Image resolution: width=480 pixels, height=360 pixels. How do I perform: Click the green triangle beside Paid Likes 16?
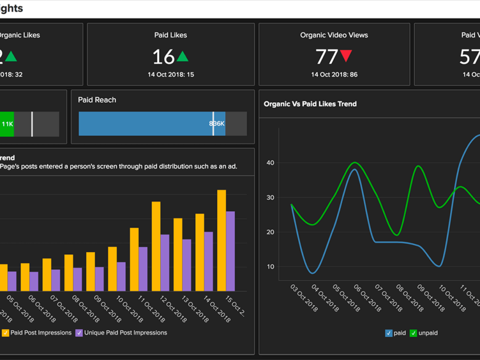182,57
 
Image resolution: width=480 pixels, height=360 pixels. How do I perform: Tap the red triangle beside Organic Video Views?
346,56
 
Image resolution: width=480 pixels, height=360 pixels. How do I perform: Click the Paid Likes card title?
170,35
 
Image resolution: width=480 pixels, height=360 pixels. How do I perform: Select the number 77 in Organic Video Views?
326,57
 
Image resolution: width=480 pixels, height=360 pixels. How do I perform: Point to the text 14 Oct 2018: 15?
170,74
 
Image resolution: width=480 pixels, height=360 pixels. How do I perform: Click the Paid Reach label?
97,100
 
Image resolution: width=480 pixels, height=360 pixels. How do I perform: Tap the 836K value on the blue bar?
216,124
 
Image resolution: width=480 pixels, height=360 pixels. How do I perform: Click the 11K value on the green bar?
7,124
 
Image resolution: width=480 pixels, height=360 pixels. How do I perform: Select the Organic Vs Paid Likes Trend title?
310,104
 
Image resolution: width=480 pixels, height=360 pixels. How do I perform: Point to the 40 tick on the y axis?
270,163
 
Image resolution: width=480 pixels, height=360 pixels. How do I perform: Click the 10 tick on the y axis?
270,267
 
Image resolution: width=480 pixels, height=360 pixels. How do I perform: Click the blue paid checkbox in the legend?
388,333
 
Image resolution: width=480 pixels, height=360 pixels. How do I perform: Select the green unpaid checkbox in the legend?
413,333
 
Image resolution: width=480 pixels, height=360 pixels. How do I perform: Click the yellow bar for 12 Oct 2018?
156,246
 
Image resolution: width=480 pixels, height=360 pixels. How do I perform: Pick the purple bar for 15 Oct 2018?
230,251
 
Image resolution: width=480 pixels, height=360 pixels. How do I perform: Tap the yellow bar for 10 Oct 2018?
112,268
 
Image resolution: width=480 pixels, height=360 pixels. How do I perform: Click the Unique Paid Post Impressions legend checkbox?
79,333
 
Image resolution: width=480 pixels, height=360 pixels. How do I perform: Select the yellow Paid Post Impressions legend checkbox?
5,333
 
